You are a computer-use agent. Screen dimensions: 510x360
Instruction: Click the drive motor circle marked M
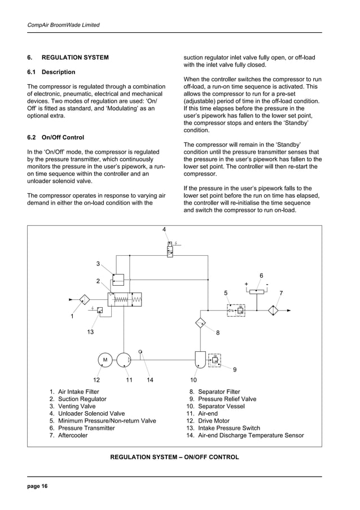pyautogui.click(x=105, y=359)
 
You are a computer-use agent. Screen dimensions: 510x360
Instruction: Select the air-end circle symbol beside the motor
pyautogui.click(x=123, y=359)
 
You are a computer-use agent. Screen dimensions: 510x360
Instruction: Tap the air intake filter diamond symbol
pyautogui.click(x=85, y=299)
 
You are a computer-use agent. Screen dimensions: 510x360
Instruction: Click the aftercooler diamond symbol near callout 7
pyautogui.click(x=274, y=311)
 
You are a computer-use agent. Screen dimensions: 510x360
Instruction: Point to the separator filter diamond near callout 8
pyautogui.click(x=201, y=323)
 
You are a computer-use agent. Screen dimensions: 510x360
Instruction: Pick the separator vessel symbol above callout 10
pyautogui.click(x=200, y=359)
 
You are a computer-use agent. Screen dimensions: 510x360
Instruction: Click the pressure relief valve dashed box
pyautogui.click(x=215, y=359)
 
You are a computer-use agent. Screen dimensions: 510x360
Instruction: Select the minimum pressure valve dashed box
pyautogui.click(x=235, y=310)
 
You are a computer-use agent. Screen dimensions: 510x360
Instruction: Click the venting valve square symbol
pyautogui.click(x=118, y=279)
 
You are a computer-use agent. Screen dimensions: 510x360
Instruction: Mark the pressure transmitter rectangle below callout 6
pyautogui.click(x=257, y=291)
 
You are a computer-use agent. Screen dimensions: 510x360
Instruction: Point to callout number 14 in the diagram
pyautogui.click(x=150, y=380)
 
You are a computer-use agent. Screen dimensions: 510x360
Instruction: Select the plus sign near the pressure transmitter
pyautogui.click(x=247, y=284)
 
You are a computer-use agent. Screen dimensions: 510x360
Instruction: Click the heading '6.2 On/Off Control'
pyautogui.click(x=56, y=137)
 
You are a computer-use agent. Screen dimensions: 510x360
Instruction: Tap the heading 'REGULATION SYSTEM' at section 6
pyautogui.click(x=75, y=58)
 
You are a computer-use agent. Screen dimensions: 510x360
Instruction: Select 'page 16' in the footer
pyautogui.click(x=38, y=486)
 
